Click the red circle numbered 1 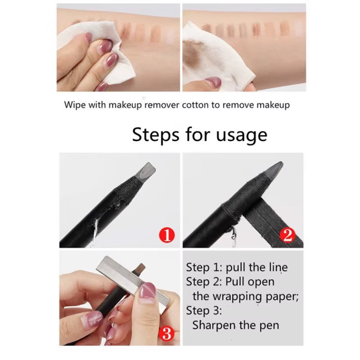[166, 234]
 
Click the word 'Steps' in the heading [154, 135]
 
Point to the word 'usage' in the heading [243, 135]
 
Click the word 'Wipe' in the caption [73, 105]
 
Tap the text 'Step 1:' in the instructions [204, 267]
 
